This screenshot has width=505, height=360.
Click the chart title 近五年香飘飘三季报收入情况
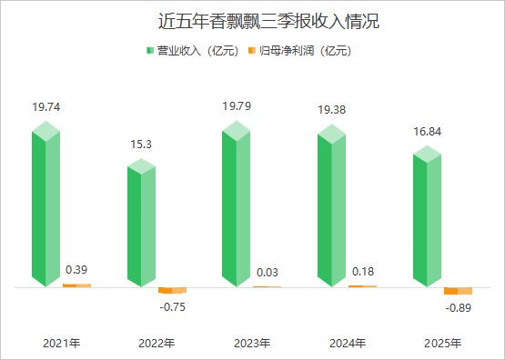252,21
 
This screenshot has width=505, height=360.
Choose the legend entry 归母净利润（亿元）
304,51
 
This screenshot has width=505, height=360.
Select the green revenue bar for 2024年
332,209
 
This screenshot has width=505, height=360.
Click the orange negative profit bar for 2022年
172,290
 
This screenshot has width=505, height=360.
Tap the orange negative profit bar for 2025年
459,291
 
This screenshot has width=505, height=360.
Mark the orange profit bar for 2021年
76,285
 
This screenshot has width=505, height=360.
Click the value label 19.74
45,106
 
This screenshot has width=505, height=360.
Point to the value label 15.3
141,143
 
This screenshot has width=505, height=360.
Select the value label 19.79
237,106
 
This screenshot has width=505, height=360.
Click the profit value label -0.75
172,306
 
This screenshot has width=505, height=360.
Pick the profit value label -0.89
459,308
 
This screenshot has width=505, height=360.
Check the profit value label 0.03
268,272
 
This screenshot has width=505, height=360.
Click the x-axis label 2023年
252,344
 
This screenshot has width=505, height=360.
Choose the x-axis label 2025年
443,344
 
